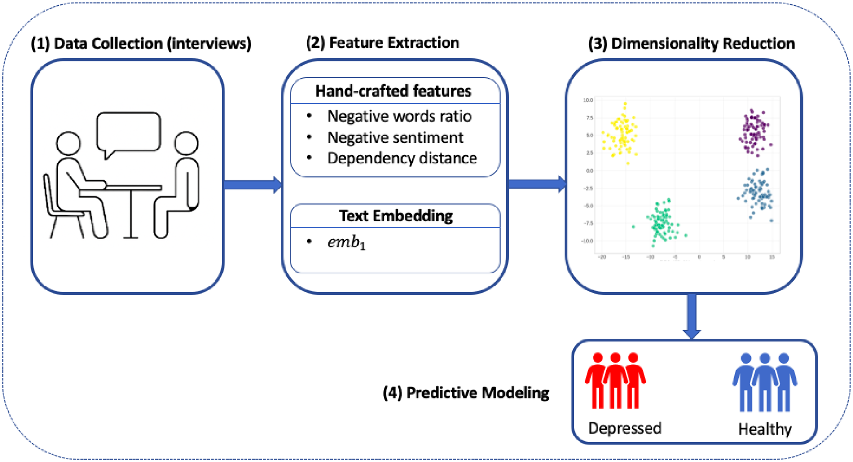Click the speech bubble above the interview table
(x=128, y=132)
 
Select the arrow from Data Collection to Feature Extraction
(x=251, y=185)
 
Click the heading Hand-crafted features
(x=393, y=91)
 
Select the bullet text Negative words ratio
(x=399, y=116)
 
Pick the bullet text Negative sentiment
(x=395, y=137)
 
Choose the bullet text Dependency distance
(x=402, y=158)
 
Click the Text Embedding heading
(x=396, y=216)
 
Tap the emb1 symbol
(x=346, y=242)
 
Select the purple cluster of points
(x=754, y=133)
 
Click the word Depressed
(x=624, y=428)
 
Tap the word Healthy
(x=765, y=429)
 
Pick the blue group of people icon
(x=765, y=383)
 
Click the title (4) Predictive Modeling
(x=466, y=393)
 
